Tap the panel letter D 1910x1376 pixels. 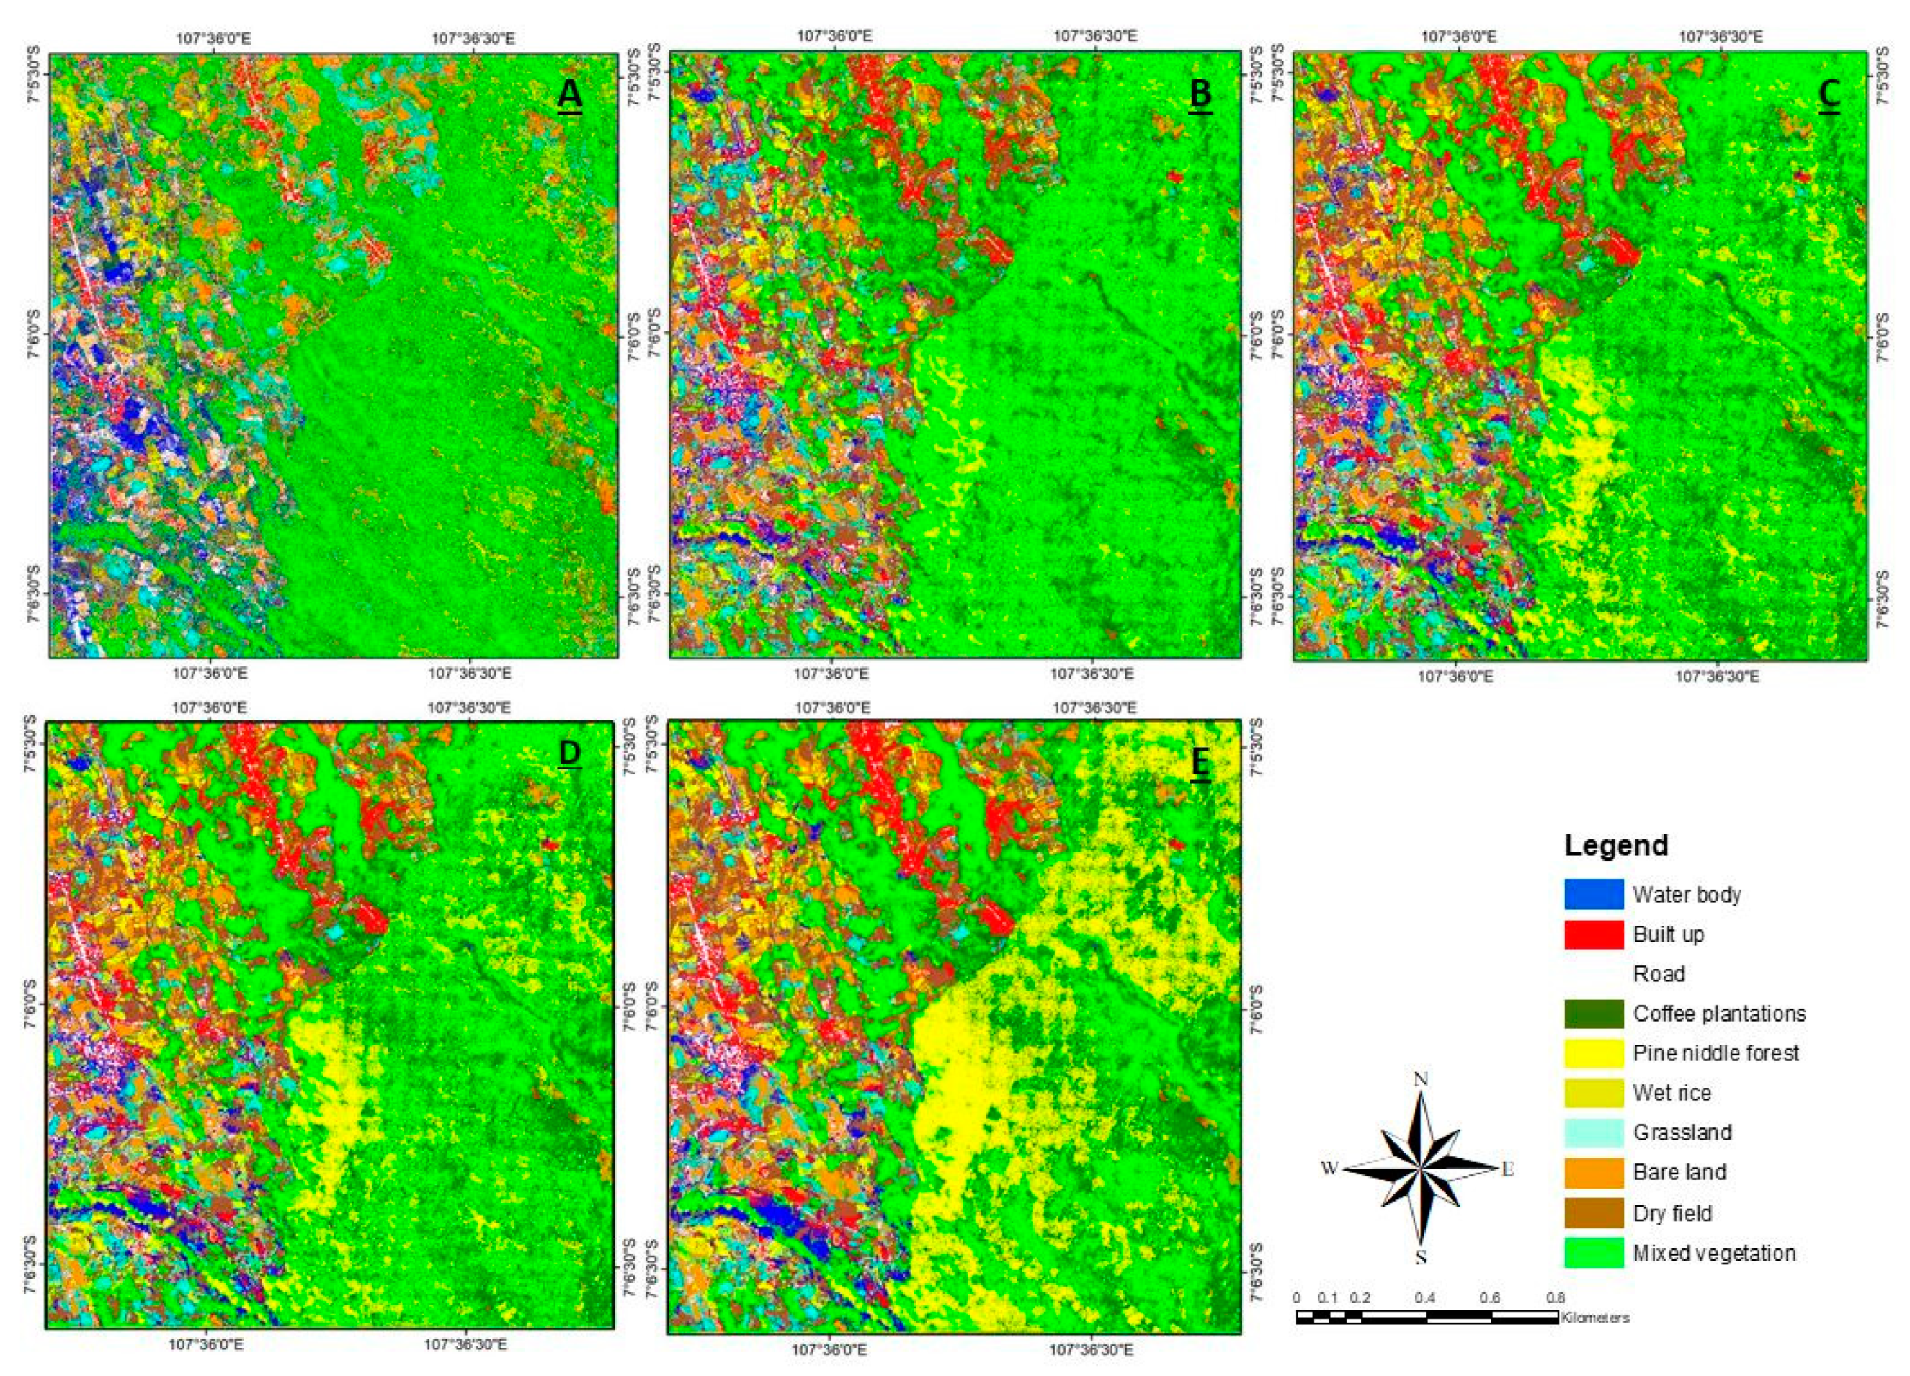[x=570, y=754]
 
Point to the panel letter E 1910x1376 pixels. [x=1200, y=762]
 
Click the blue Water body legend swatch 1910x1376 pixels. [x=1594, y=894]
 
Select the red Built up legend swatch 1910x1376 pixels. [x=1594, y=934]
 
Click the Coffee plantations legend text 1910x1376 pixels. [x=1719, y=1013]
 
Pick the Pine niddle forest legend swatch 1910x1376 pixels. [x=1594, y=1053]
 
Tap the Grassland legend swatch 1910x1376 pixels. [x=1594, y=1132]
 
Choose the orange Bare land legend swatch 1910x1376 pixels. [x=1594, y=1172]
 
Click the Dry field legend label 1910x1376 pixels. [x=1672, y=1212]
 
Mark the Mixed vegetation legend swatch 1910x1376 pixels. [x=1594, y=1252]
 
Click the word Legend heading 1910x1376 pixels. [x=1616, y=844]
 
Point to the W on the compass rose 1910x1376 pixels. [x=1329, y=1168]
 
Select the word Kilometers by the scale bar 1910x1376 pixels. [x=1595, y=1318]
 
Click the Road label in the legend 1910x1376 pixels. [x=1659, y=973]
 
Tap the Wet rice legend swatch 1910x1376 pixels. [x=1594, y=1092]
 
